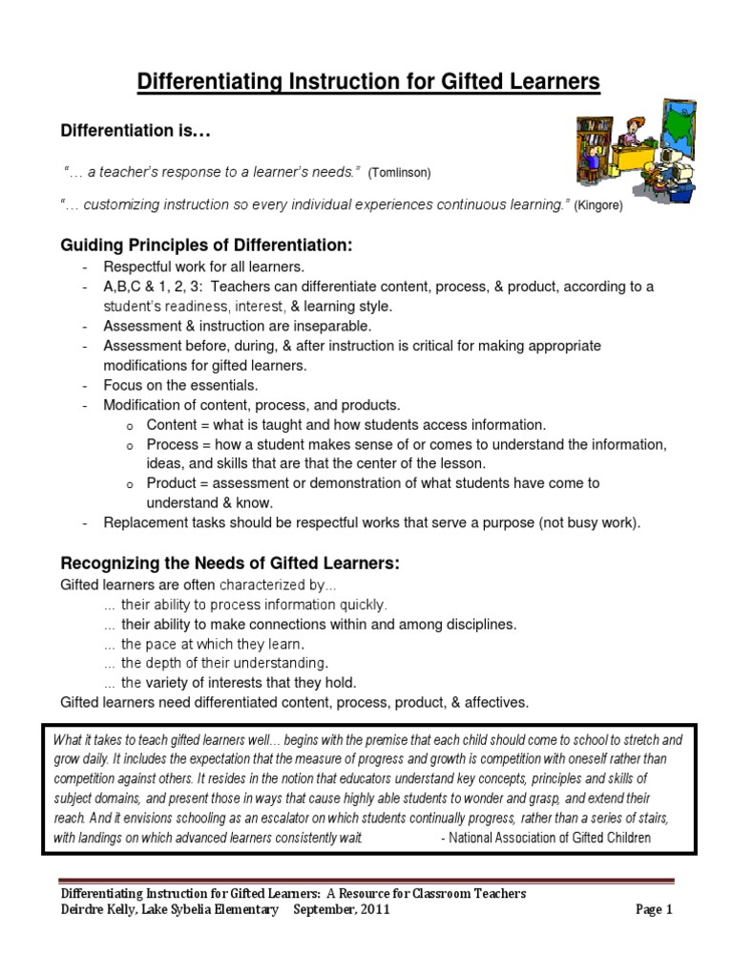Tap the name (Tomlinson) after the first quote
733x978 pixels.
click(400, 173)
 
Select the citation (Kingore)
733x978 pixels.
click(597, 206)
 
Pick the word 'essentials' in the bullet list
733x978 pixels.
click(221, 385)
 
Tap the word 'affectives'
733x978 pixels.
click(492, 702)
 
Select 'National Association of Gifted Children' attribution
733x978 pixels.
click(550, 838)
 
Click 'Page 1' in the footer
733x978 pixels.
click(654, 910)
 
